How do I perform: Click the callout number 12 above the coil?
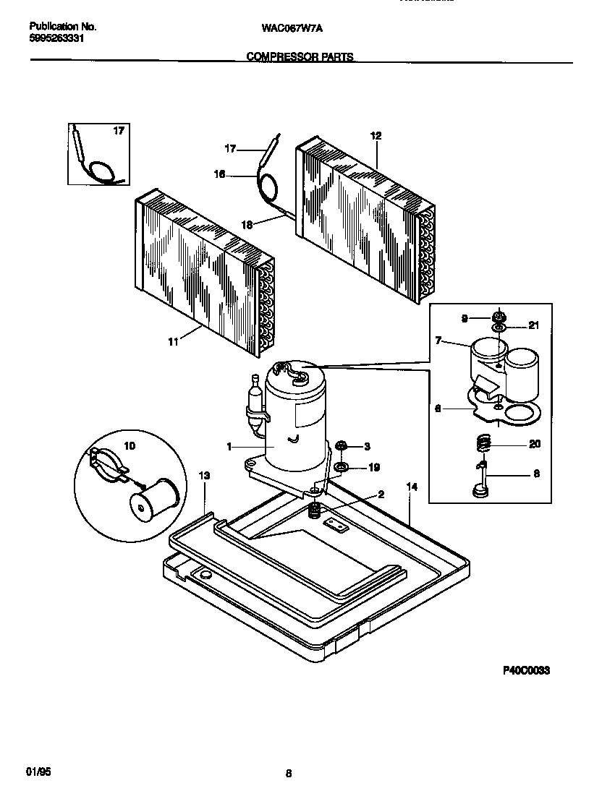point(376,135)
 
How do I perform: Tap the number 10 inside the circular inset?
point(130,446)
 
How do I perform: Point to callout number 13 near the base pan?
point(204,475)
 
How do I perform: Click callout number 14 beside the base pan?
point(412,487)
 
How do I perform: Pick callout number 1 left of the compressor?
point(229,448)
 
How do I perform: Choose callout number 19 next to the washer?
point(374,468)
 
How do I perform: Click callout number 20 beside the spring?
point(535,444)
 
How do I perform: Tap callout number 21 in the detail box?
point(533,325)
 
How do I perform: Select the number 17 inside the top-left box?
point(119,132)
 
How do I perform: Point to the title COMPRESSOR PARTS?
point(300,56)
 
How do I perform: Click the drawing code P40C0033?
point(527,671)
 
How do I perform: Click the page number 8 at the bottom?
point(288,774)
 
